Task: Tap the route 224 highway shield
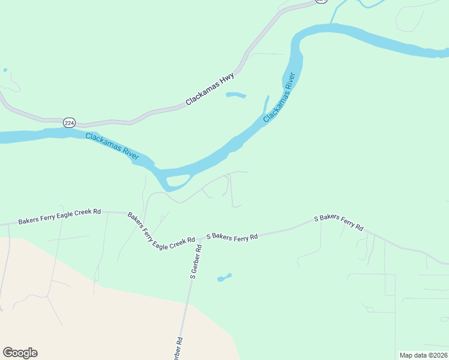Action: click(x=70, y=122)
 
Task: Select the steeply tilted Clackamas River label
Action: click(x=280, y=98)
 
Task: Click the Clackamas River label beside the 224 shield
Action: click(x=112, y=146)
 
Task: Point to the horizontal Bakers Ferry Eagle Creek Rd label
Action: click(x=59, y=217)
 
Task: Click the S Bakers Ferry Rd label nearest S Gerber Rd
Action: click(x=232, y=236)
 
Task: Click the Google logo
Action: click(x=20, y=353)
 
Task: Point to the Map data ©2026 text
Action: click(x=423, y=355)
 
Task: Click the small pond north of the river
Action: click(x=235, y=95)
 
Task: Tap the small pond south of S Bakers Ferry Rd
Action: click(x=224, y=277)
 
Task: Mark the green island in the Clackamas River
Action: click(x=177, y=180)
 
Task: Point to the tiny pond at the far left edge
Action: click(x=5, y=70)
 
